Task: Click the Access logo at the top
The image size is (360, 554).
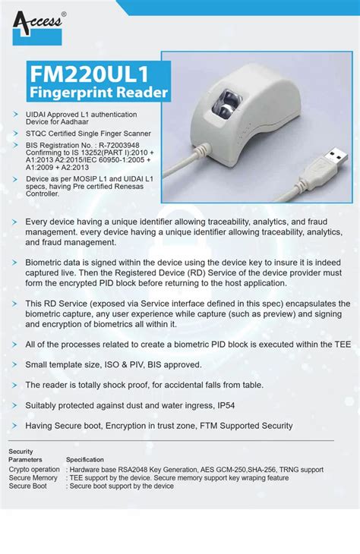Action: click(37, 22)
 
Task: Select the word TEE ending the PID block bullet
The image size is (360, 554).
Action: click(342, 344)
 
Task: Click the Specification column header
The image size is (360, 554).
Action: click(85, 460)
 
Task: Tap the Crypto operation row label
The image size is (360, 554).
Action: click(34, 470)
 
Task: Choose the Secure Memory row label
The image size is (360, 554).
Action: click(33, 478)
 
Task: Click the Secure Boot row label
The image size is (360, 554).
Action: click(28, 486)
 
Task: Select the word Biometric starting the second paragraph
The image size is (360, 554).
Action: click(46, 262)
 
